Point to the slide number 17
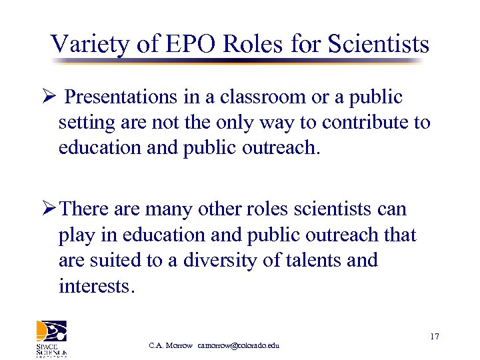(434, 337)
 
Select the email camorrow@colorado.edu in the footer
(238, 345)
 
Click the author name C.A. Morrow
(171, 345)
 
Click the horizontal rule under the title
(237, 61)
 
